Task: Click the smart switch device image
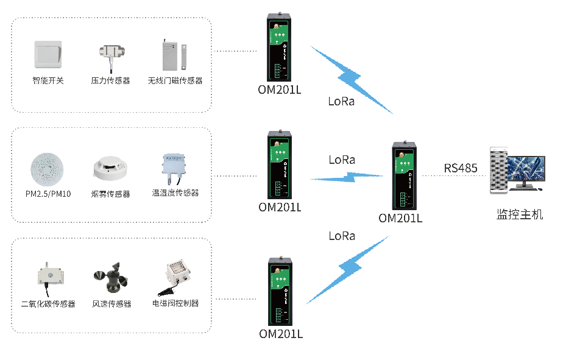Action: coord(48,55)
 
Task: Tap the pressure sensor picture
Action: coord(110,54)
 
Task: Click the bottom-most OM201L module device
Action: coord(279,291)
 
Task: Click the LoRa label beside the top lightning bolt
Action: coord(341,102)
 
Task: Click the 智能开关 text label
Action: coord(48,80)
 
